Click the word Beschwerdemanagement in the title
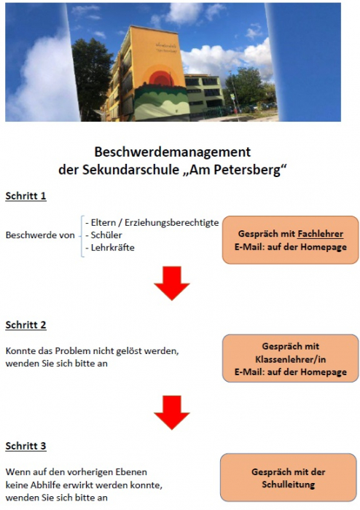point(172,152)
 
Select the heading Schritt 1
point(26,196)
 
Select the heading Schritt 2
point(26,325)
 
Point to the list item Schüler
point(105,235)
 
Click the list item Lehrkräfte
point(110,248)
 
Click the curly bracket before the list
point(81,235)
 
